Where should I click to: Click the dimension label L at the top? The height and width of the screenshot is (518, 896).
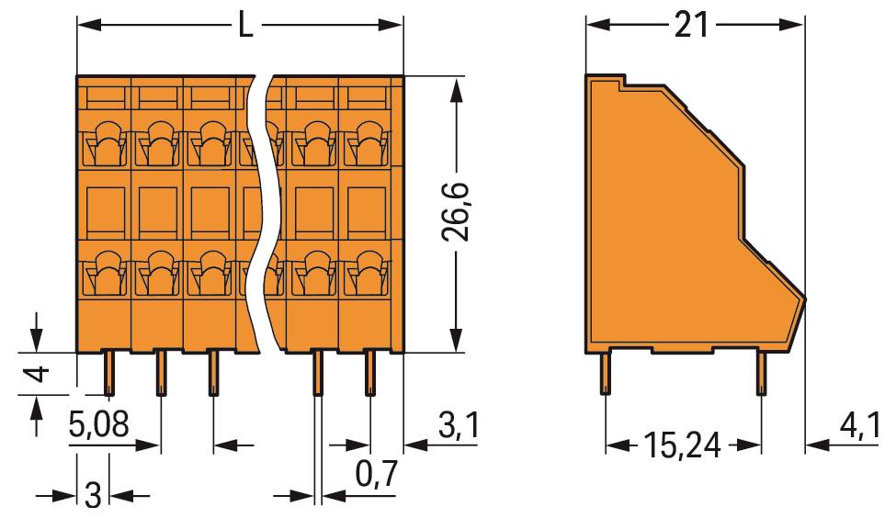pos(244,25)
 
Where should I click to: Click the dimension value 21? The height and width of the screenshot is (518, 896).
pos(691,25)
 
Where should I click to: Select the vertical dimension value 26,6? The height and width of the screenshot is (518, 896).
pos(456,211)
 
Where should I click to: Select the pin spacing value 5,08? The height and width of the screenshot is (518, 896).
pos(99,426)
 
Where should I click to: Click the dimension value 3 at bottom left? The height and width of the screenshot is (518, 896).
pos(92,495)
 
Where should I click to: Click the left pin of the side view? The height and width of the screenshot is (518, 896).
pos(605,375)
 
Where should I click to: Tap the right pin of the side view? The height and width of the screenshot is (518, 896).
pos(761,375)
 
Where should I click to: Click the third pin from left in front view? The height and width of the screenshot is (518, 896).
pos(213,373)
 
